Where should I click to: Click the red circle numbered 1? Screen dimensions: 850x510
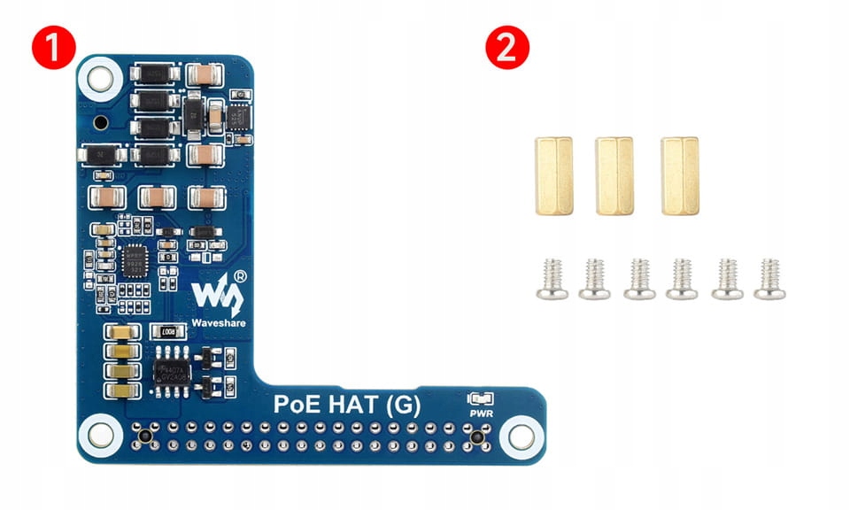[53, 48]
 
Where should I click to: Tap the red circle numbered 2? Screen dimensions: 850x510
[506, 48]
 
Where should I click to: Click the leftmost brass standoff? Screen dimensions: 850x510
[553, 175]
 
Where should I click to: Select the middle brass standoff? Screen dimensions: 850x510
[614, 175]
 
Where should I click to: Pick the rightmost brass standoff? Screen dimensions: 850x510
[679, 175]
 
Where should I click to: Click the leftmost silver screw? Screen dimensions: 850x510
[552, 278]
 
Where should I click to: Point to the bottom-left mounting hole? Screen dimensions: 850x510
[99, 435]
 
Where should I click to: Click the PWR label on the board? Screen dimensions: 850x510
[480, 412]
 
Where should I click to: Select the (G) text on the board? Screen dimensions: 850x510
[402, 406]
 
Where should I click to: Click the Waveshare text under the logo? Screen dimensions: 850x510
[220, 322]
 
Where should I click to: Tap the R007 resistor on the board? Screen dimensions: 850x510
[167, 332]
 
